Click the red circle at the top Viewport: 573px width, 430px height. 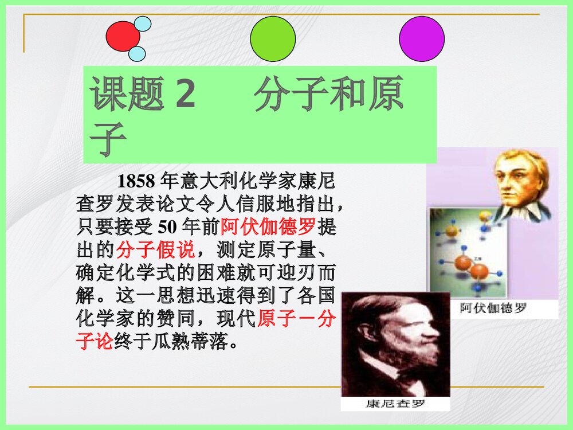coord(123,36)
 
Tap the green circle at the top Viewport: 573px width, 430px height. coord(273,39)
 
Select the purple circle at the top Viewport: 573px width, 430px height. coord(422,39)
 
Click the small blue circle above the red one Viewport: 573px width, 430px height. coord(142,24)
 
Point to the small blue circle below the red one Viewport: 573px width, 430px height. coord(137,54)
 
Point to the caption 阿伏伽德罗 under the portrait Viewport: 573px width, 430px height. coord(493,310)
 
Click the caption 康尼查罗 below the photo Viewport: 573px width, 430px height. coord(395,403)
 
